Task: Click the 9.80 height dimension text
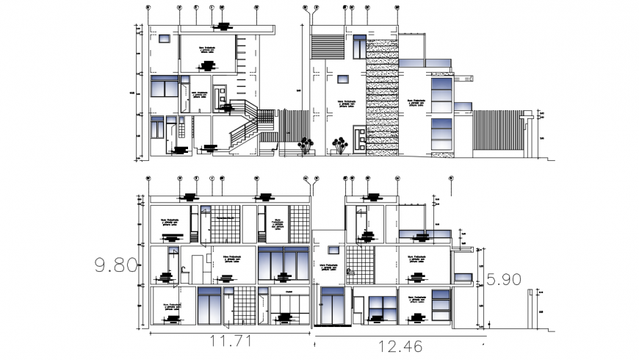[115, 264]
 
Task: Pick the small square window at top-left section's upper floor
[167, 39]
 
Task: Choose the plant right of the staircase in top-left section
[305, 145]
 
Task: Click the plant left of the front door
[339, 145]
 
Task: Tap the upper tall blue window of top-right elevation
[441, 91]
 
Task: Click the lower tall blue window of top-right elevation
[441, 134]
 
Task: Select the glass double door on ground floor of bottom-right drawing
[333, 305]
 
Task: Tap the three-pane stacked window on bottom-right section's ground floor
[440, 303]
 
